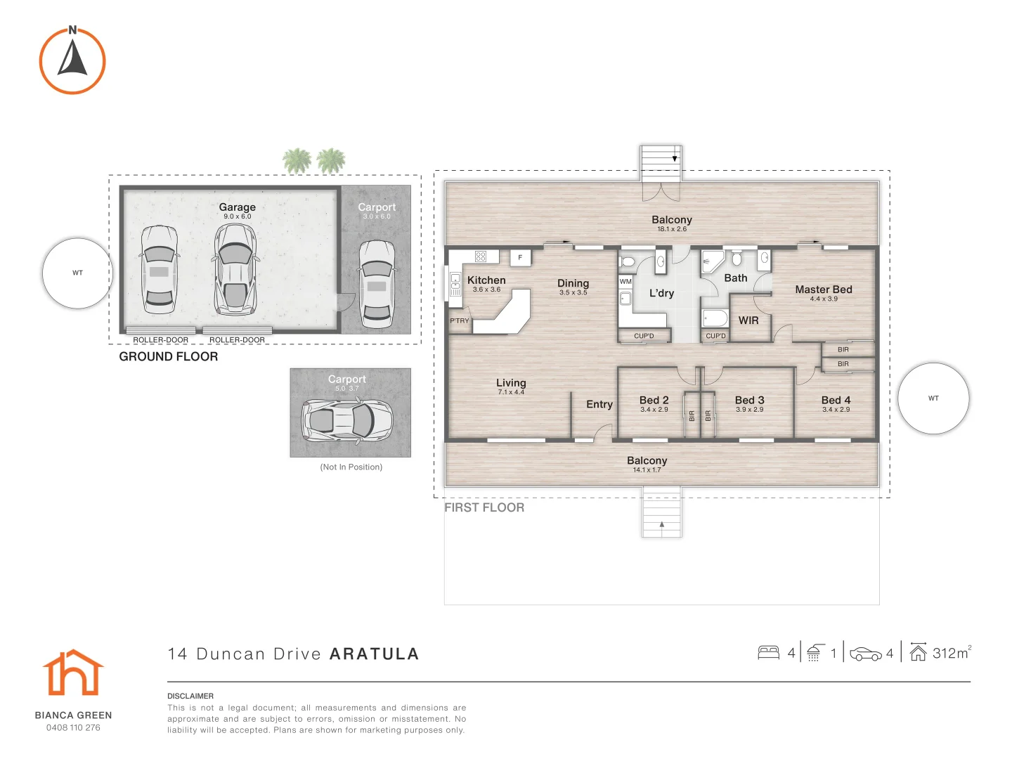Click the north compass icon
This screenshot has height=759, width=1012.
[72, 60]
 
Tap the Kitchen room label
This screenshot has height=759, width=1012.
[486, 280]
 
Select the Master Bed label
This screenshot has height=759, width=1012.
[823, 290]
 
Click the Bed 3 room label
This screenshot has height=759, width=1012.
[749, 400]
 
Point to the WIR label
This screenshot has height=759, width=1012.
[748, 320]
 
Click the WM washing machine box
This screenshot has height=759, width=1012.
[625, 282]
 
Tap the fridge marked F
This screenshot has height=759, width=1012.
[520, 257]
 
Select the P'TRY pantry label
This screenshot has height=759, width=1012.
[460, 320]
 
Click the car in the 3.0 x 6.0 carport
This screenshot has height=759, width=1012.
[377, 284]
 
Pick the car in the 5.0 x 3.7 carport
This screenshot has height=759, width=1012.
[347, 420]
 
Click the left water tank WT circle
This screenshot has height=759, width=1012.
[77, 273]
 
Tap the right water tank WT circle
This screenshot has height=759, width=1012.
[933, 398]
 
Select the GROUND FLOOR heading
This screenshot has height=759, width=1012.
[169, 357]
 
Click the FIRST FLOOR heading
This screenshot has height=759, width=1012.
[484, 507]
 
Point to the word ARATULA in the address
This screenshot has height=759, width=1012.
[374, 654]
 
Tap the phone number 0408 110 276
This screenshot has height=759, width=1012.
[73, 727]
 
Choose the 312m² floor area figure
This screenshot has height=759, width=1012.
[951, 653]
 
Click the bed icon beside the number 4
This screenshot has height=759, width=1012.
[769, 653]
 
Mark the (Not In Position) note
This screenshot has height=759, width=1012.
[351, 467]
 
